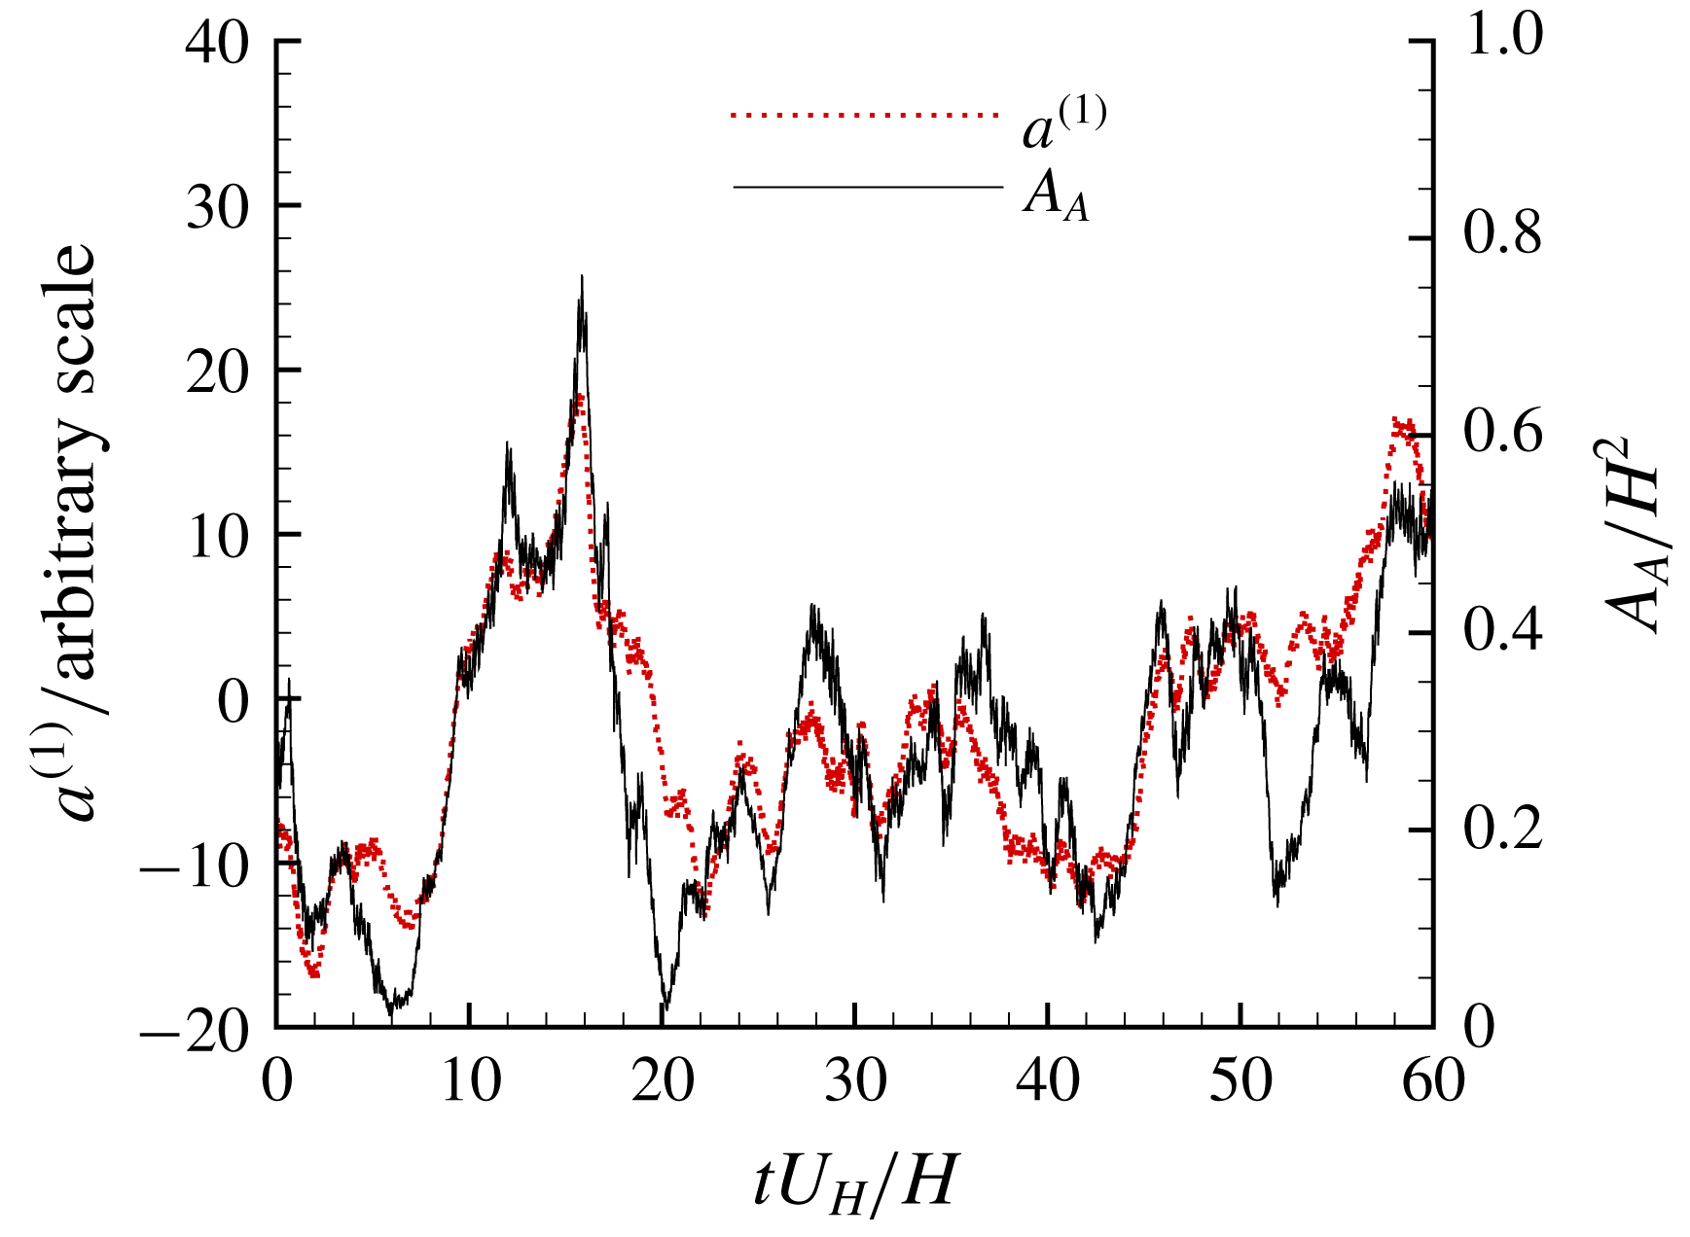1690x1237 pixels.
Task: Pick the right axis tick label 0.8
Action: tap(1503, 236)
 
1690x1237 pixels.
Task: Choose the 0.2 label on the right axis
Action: tap(1503, 830)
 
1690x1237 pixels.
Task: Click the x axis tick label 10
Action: tap(470, 1081)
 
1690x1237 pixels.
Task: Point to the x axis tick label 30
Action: tap(855, 1081)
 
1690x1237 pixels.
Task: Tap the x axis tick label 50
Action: tap(1241, 1081)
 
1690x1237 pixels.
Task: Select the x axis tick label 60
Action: tap(1432, 1081)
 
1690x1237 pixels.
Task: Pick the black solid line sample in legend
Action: tap(866, 186)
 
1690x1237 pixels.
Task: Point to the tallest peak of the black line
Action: tap(582, 277)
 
